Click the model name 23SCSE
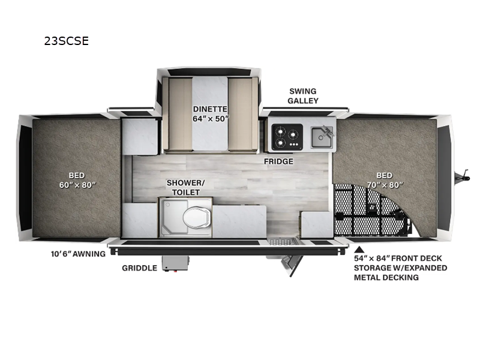point(67,41)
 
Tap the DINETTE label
point(210,109)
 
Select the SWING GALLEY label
point(303,96)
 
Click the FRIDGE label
point(278,161)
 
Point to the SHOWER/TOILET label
point(185,187)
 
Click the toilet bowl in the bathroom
point(197,217)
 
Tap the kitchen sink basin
point(321,137)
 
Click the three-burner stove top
point(287,137)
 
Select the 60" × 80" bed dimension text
point(77,185)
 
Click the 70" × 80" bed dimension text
point(385,185)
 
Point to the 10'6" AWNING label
point(78,254)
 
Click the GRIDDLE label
point(140,268)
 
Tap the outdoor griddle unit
point(175,263)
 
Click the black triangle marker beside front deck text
point(359,249)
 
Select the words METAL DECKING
point(386,278)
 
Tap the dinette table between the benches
point(210,113)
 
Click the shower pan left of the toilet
point(172,217)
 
